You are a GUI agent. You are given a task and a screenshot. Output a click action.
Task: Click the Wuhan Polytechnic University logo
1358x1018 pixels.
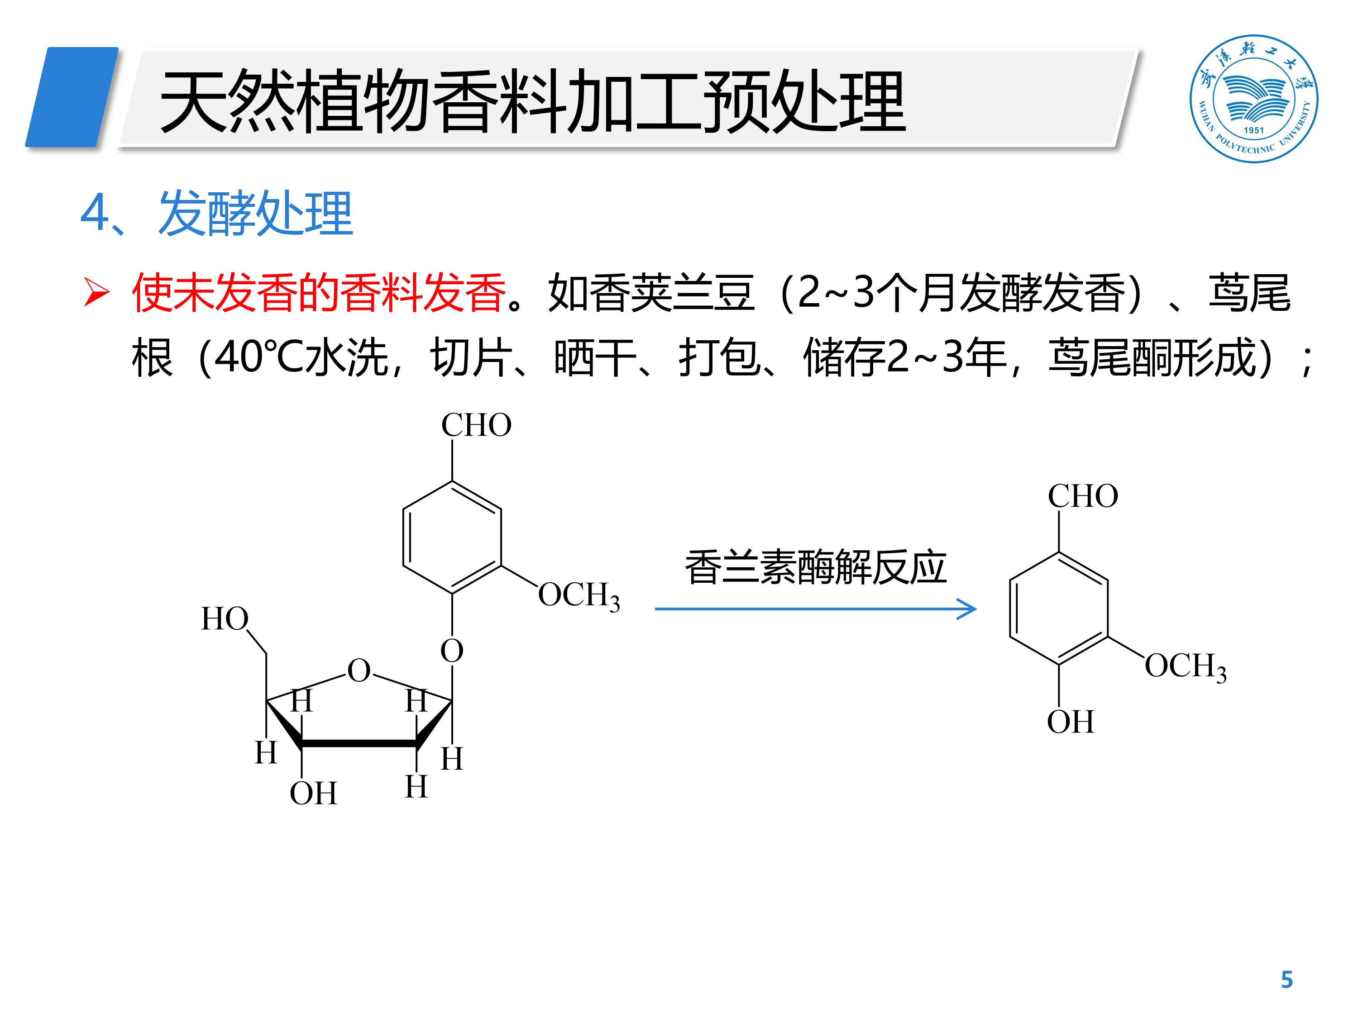1253,98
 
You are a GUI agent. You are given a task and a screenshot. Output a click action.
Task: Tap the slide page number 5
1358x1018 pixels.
1286,980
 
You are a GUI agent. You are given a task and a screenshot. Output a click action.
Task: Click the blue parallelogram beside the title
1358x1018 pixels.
72,97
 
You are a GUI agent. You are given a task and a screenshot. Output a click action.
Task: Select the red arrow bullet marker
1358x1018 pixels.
96,292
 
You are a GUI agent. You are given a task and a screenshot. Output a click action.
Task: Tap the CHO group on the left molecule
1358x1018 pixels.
476,425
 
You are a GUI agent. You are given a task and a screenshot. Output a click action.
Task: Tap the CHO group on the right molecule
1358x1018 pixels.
1082,496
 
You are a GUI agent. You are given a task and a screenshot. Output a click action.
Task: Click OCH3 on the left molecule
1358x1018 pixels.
579,595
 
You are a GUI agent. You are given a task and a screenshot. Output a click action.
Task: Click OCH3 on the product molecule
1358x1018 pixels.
1185,666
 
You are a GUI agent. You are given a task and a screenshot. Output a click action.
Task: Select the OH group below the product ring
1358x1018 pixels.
1070,722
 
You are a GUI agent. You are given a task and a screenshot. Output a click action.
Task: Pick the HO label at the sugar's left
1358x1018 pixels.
225,618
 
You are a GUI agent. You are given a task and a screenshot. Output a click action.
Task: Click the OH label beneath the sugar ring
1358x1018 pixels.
313,794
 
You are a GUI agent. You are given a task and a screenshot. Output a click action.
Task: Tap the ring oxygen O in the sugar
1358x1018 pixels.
359,671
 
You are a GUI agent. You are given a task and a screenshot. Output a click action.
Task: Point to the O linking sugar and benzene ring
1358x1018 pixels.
452,651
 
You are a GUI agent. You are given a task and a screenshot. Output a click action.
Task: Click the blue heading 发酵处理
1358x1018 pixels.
255,214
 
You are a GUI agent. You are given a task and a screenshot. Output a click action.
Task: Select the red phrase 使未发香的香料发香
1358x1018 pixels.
319,293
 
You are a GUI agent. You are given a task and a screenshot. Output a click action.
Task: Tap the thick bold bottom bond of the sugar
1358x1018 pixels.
359,744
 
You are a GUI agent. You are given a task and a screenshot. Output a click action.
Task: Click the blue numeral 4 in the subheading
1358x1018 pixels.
95,214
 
